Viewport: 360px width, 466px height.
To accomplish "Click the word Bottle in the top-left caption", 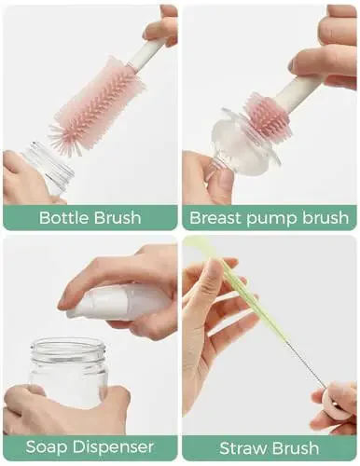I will (x=62, y=218).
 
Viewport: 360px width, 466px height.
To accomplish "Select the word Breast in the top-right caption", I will (x=215, y=218).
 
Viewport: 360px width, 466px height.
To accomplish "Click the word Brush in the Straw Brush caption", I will (x=297, y=447).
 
